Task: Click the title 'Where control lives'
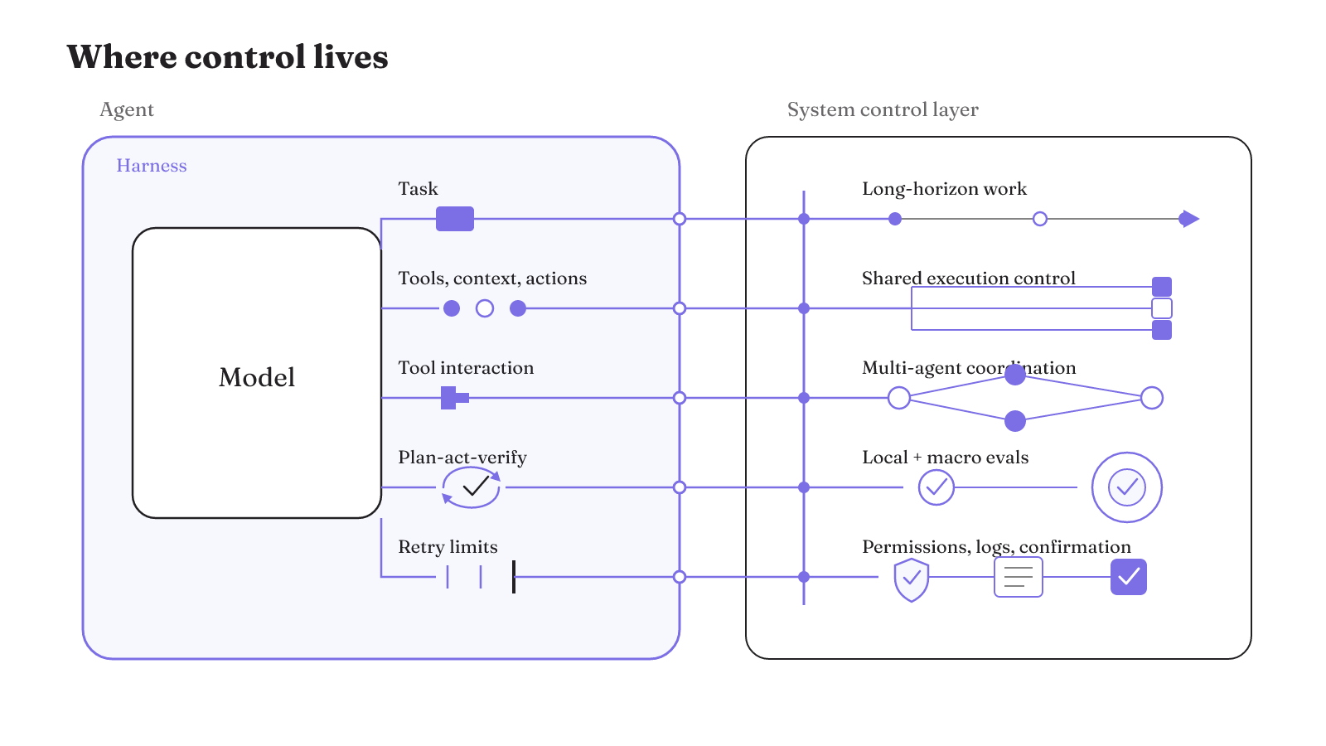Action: click(x=227, y=57)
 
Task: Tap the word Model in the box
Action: click(x=257, y=377)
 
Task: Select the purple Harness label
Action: click(x=152, y=165)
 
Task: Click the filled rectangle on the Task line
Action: click(x=455, y=219)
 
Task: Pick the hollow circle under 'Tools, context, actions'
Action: click(x=485, y=308)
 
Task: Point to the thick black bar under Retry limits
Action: click(x=514, y=577)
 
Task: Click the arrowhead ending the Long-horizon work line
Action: click(x=1188, y=219)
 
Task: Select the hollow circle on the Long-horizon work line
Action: click(x=1039, y=219)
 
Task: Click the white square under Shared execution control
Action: click(x=1161, y=308)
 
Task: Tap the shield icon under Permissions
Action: click(x=911, y=579)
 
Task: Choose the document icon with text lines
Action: click(x=1019, y=577)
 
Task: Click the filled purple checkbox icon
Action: click(x=1128, y=577)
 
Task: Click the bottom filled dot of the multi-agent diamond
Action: click(x=1015, y=421)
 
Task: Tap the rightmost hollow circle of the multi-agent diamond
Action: click(x=1152, y=398)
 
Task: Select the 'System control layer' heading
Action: click(x=883, y=109)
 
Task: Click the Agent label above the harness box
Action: click(x=127, y=110)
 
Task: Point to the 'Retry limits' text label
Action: click(x=448, y=546)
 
